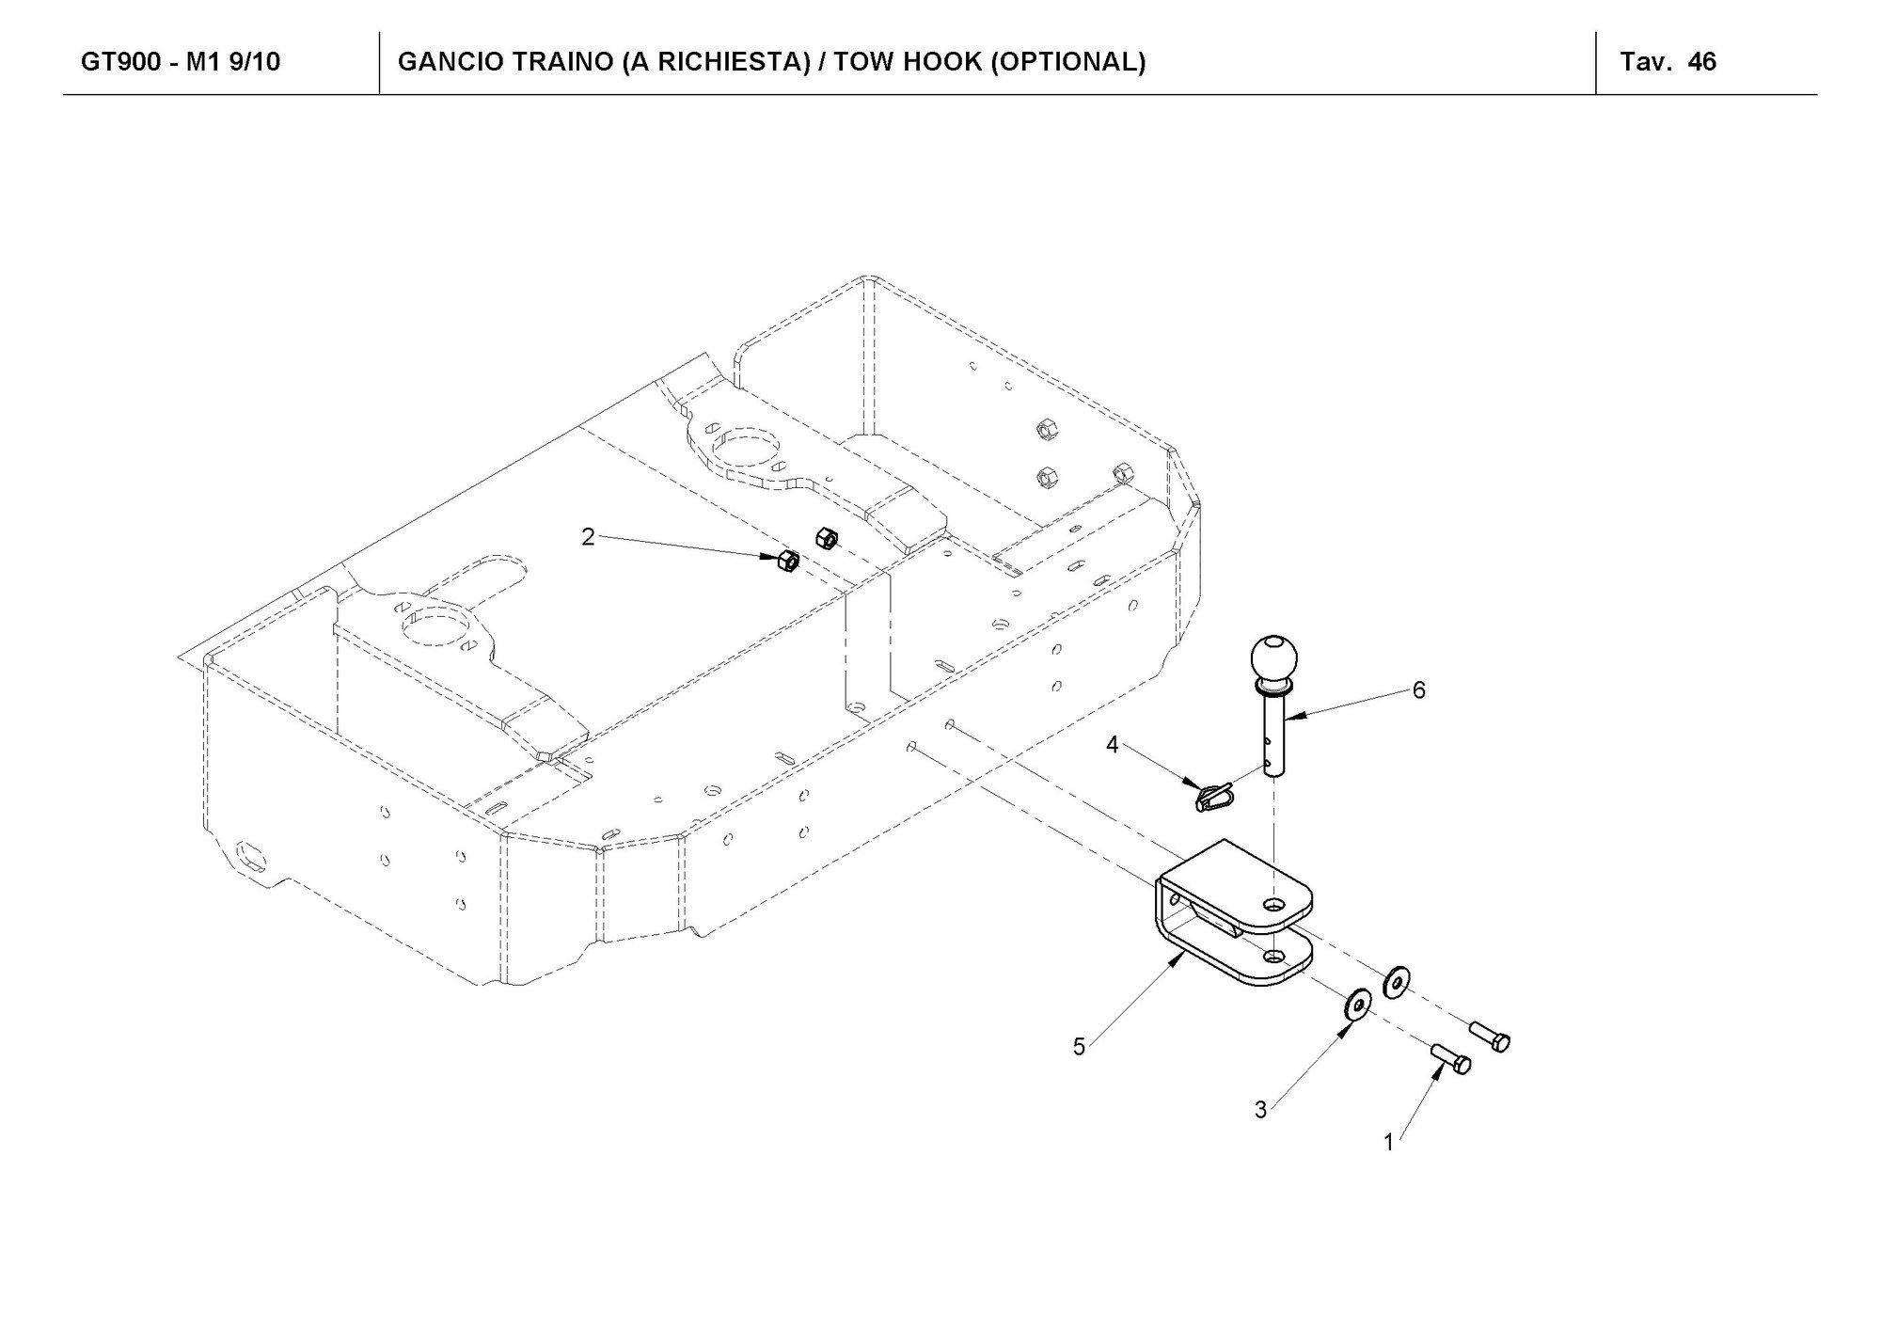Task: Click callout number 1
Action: click(1388, 1143)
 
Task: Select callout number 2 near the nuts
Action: click(588, 537)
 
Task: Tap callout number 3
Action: click(1260, 1110)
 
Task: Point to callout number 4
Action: click(1113, 745)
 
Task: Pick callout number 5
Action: click(1079, 1046)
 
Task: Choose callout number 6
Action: click(1418, 690)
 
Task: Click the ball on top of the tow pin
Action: click(1273, 657)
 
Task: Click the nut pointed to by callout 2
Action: click(788, 562)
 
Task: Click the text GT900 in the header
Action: click(120, 62)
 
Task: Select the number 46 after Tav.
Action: click(1702, 62)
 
